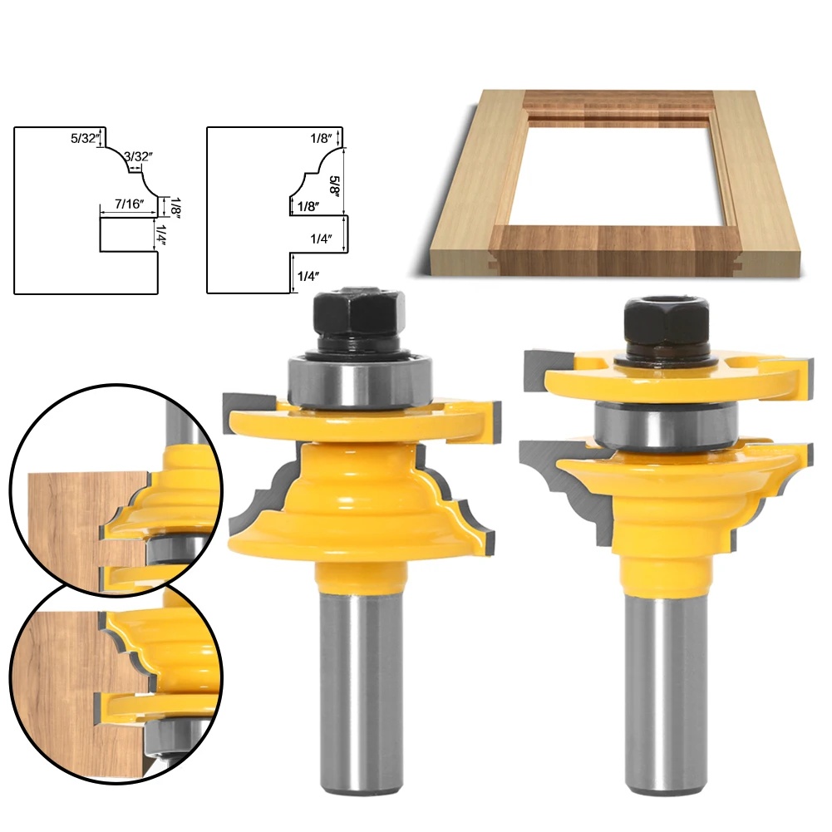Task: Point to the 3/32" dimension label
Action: (138, 155)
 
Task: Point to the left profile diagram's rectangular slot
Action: (127, 235)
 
